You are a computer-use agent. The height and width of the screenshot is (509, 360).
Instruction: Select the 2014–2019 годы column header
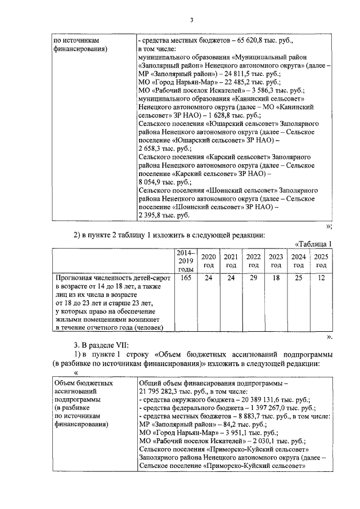[186, 261]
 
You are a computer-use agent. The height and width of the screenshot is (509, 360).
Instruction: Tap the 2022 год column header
[254, 261]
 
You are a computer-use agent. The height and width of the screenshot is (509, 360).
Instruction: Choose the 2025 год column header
[321, 261]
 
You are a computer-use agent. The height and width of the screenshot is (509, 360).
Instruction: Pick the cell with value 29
[254, 278]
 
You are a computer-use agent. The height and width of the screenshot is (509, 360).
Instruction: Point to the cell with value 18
[276, 278]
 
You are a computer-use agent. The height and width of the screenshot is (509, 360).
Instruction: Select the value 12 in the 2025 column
[321, 278]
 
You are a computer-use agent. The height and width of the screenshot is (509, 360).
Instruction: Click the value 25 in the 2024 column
[299, 278]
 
